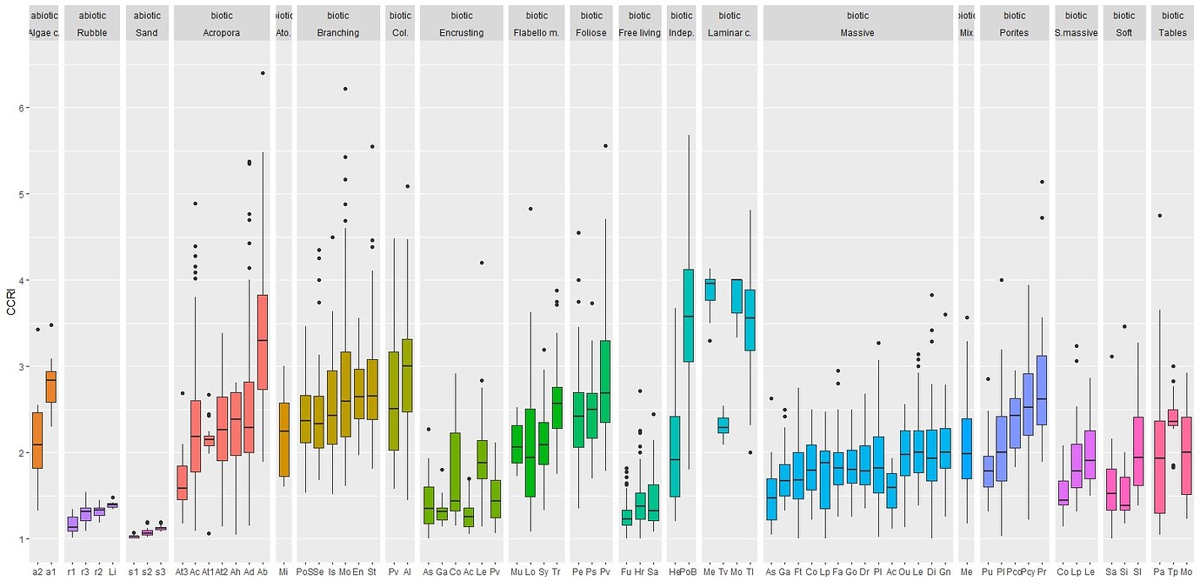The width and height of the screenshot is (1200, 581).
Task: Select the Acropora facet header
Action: pyautogui.click(x=222, y=32)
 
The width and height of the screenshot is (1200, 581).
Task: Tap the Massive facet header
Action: pyautogui.click(x=857, y=32)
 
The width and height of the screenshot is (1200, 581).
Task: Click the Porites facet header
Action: pyautogui.click(x=1014, y=32)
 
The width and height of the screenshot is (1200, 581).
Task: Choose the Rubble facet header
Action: pyautogui.click(x=92, y=32)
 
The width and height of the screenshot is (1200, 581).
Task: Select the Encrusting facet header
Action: pyautogui.click(x=462, y=32)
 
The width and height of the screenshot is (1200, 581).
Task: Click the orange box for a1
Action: pyautogui.click(x=51, y=386)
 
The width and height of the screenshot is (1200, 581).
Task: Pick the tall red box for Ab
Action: pyautogui.click(x=263, y=341)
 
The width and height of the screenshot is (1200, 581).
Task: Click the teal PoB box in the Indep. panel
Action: pyautogui.click(x=689, y=315)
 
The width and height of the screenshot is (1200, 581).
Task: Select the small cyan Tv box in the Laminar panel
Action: pyautogui.click(x=723, y=424)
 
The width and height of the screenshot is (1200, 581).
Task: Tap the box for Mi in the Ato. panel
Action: pyautogui.click(x=283, y=439)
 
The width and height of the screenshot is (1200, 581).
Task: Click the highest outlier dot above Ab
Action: pyautogui.click(x=263, y=73)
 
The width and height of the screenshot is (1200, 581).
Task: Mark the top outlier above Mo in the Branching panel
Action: pyautogui.click(x=345, y=89)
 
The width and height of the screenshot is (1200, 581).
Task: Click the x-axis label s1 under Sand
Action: pyautogui.click(x=133, y=571)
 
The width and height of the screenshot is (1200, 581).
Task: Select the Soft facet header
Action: pyautogui.click(x=1124, y=32)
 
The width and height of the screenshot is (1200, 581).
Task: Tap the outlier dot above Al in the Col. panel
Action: pyautogui.click(x=407, y=186)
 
